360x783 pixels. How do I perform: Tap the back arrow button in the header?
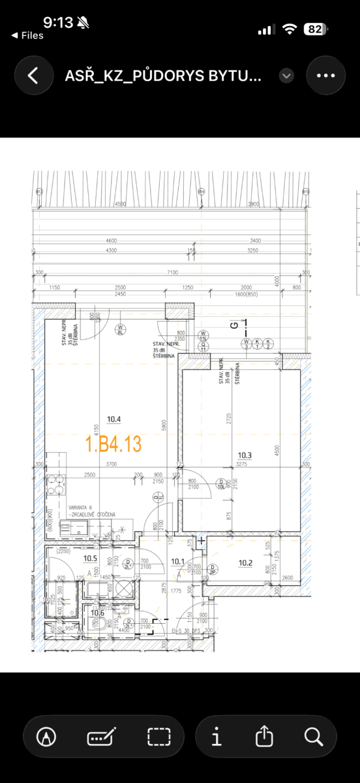pyautogui.click(x=31, y=75)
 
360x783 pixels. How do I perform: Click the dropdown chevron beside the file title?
pyautogui.click(x=286, y=76)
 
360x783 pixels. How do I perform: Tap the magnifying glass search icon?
pyautogui.click(x=314, y=737)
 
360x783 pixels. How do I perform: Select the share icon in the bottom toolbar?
pyautogui.click(x=263, y=737)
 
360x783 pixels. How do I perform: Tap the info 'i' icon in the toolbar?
pyautogui.click(x=217, y=737)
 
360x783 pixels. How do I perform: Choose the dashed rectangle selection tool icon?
pyautogui.click(x=158, y=737)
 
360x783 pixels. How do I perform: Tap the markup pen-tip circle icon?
pyautogui.click(x=47, y=737)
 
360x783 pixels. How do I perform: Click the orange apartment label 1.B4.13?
pyautogui.click(x=113, y=444)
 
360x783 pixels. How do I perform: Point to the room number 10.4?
pyautogui.click(x=115, y=420)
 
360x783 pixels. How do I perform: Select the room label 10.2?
pyautogui.click(x=245, y=562)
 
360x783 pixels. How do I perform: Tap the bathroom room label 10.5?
pyautogui.click(x=90, y=559)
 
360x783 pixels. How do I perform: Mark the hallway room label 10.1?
pyautogui.click(x=177, y=560)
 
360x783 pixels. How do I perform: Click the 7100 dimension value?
pyautogui.click(x=172, y=271)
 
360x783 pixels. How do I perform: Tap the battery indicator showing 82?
pyautogui.click(x=316, y=29)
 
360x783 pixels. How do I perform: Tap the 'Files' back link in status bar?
pyautogui.click(x=27, y=36)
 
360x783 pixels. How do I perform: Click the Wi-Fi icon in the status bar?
pyautogui.click(x=289, y=29)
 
